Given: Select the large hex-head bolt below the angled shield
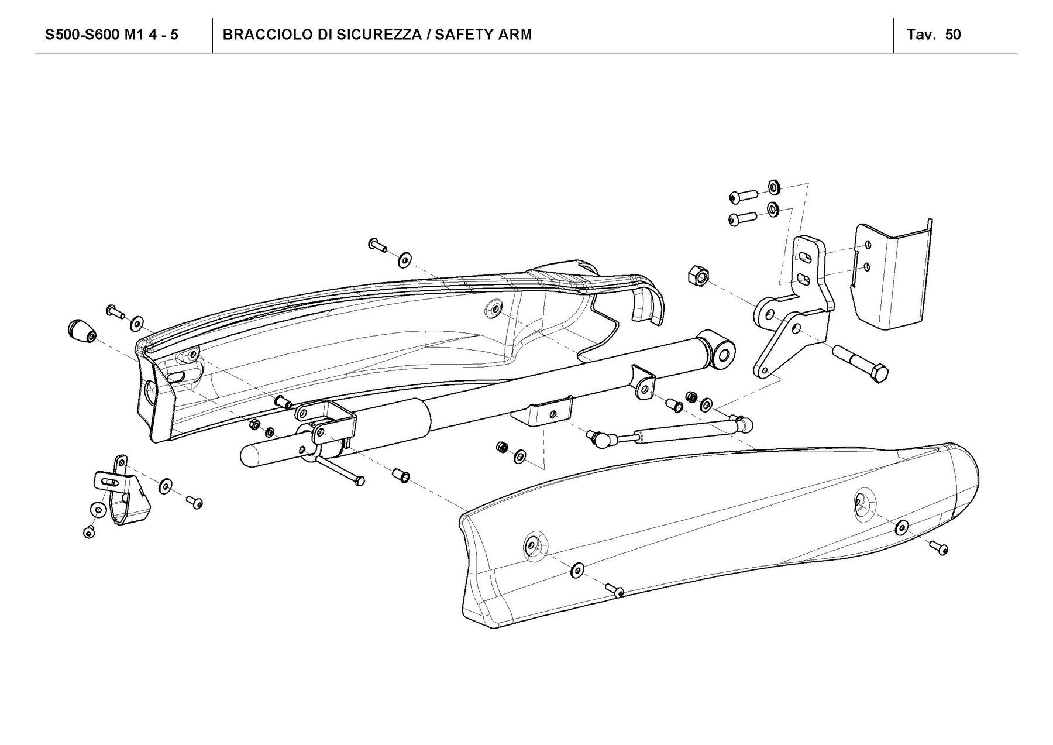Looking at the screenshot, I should [861, 363].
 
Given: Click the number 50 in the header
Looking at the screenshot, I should [952, 35].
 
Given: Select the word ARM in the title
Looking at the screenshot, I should [515, 35].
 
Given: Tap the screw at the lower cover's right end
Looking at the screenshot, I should [941, 548].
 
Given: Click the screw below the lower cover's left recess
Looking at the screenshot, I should [615, 590].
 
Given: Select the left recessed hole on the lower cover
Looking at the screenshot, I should [534, 544].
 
